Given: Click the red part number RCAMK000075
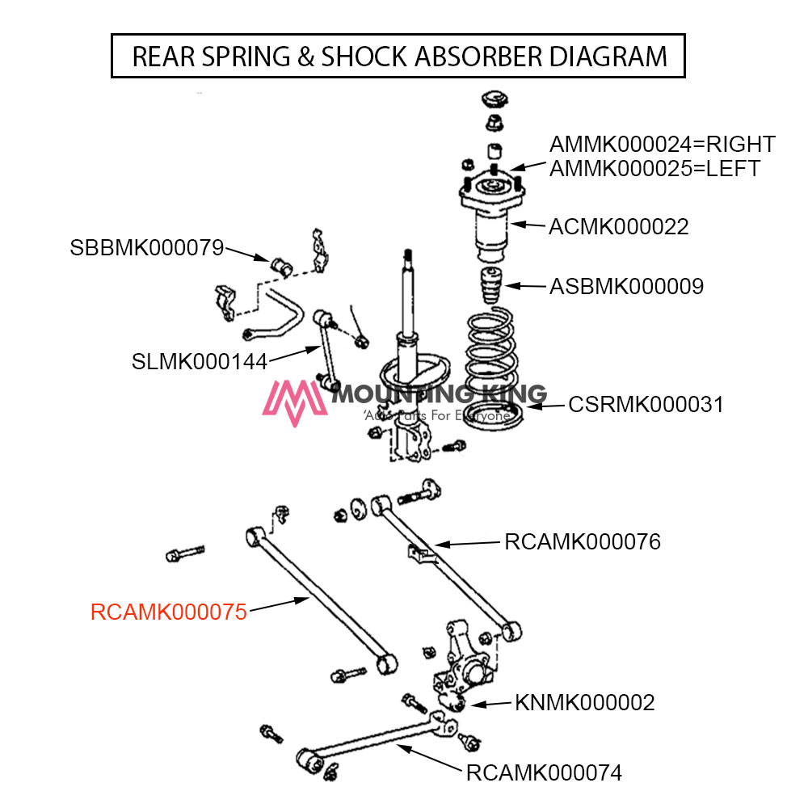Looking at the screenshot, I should (168, 612).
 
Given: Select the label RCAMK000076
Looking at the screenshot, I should (582, 541).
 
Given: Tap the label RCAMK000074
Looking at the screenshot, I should (544, 773).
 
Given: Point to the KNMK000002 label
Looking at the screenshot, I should (584, 703).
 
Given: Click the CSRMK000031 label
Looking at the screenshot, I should (646, 404).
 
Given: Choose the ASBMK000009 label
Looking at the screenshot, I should (626, 286).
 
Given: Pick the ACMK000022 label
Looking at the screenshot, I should (618, 227).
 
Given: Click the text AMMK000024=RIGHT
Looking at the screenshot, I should (662, 145).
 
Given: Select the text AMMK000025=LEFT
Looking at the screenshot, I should (654, 169).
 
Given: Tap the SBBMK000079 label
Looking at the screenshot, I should (146, 248).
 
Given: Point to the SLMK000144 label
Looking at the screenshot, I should (199, 361).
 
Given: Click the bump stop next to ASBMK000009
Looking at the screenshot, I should (489, 287).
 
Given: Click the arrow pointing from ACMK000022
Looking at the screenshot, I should (527, 225).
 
